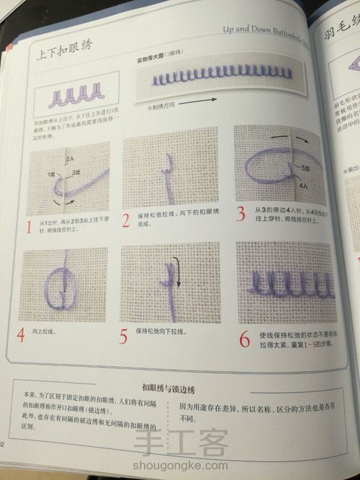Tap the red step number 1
28,230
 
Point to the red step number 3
240,214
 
